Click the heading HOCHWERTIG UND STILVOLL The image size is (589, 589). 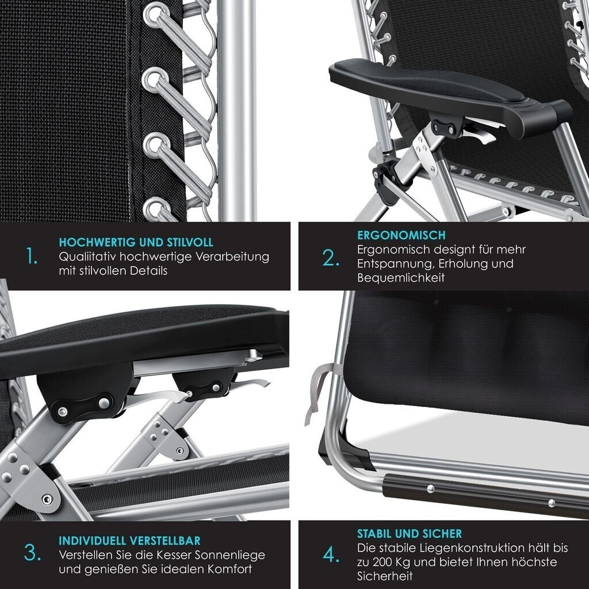point(136,242)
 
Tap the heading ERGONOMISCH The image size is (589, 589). point(401,235)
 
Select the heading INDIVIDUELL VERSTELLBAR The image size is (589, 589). point(129,541)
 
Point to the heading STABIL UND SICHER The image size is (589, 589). point(410,534)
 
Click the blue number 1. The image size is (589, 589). point(32,256)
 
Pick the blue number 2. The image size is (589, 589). point(331,258)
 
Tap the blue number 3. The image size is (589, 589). point(32,553)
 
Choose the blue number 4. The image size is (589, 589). point(331,555)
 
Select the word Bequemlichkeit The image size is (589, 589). point(401,278)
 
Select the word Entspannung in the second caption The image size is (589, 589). point(396,263)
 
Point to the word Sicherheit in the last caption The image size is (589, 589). point(385,576)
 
